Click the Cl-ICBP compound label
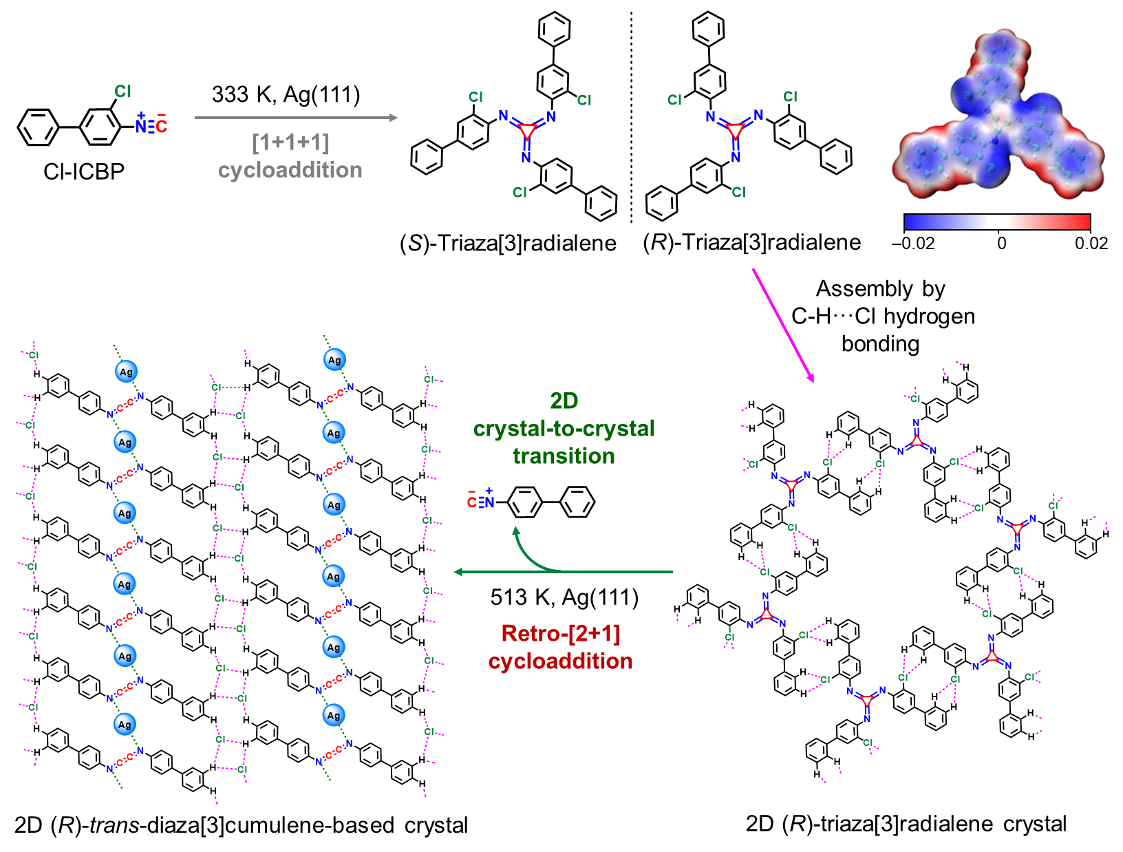(x=84, y=171)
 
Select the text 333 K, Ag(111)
(x=286, y=94)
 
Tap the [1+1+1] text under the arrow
(x=290, y=142)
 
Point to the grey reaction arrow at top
(x=296, y=118)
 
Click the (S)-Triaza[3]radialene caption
(x=508, y=243)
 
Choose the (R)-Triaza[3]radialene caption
(x=752, y=242)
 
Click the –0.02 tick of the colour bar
(x=912, y=243)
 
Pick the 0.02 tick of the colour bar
(x=1091, y=243)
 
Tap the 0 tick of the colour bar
(x=1001, y=243)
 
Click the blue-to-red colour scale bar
(x=997, y=222)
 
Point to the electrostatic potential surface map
(x=998, y=117)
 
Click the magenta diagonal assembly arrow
(x=782, y=324)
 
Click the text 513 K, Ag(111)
(x=564, y=597)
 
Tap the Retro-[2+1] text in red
(x=561, y=633)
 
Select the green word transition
(x=564, y=456)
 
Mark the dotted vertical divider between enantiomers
(x=631, y=117)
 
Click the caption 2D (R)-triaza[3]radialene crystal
(x=906, y=824)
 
